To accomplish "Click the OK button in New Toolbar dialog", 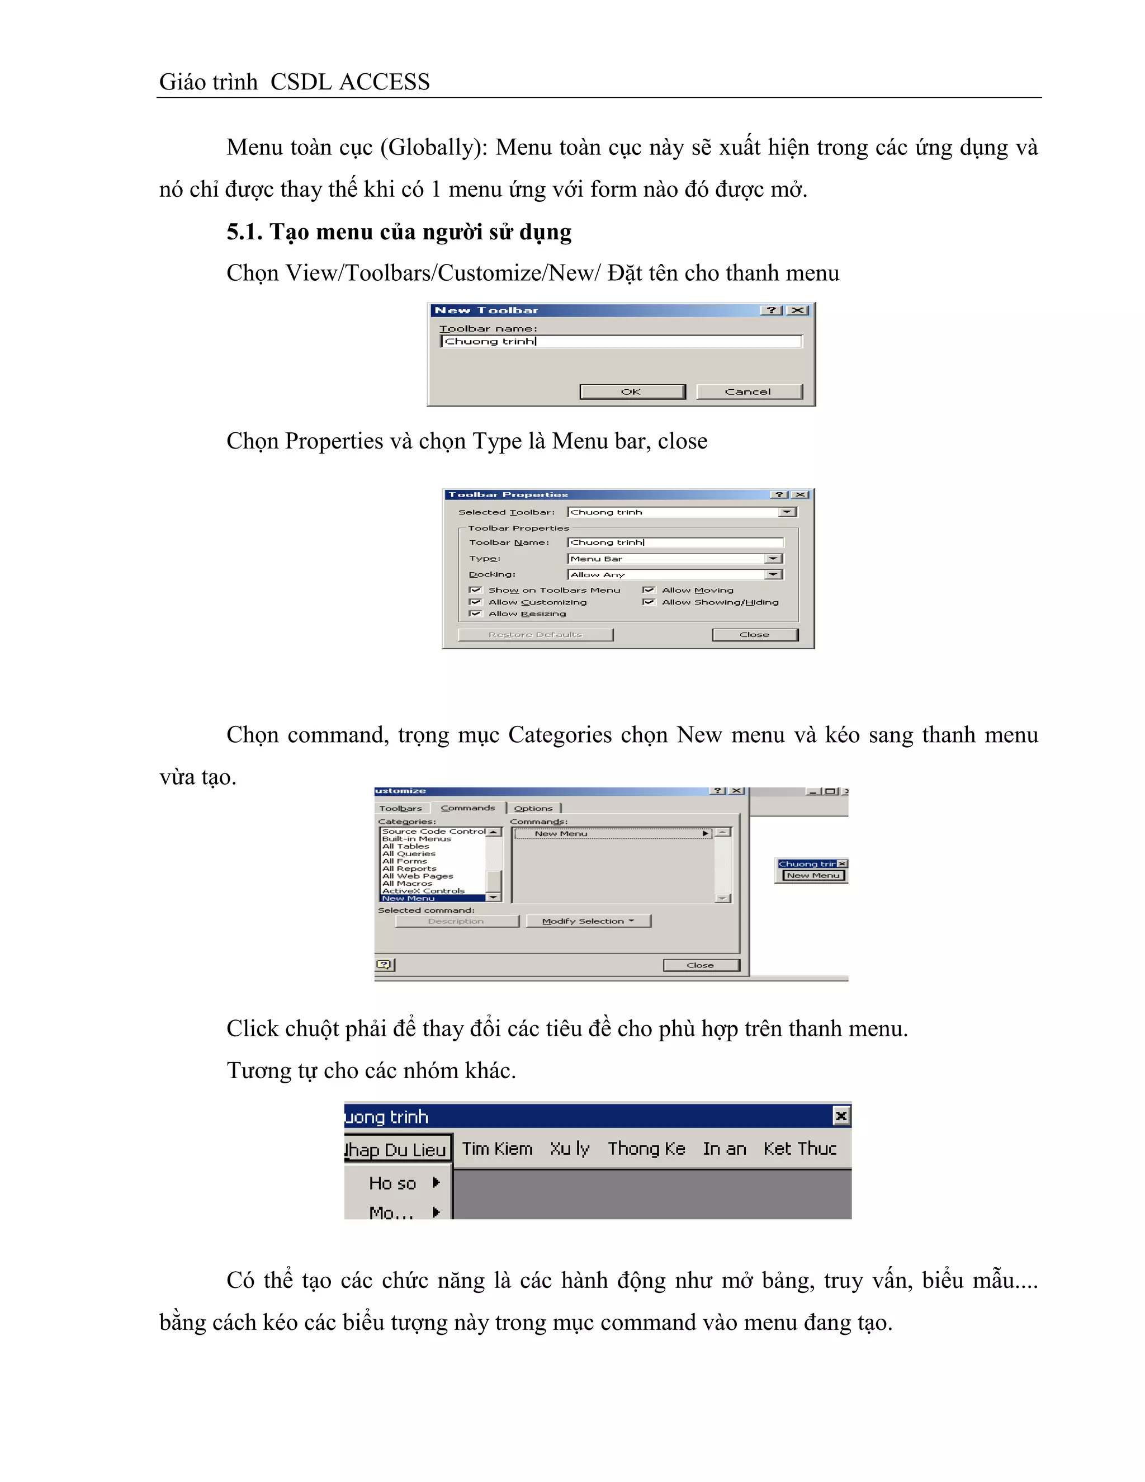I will click(x=632, y=391).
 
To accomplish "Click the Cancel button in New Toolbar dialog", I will click(x=748, y=391).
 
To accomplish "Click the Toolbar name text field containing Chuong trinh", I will click(x=621, y=341).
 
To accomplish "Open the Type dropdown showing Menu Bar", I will click(x=773, y=559).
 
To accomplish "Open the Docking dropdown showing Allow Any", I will click(x=773, y=575).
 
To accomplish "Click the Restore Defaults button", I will click(x=535, y=635).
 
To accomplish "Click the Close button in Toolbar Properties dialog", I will click(x=754, y=635).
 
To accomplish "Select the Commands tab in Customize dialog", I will click(x=467, y=808).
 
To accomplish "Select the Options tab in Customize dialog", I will click(x=533, y=808).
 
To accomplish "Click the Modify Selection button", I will click(x=588, y=921).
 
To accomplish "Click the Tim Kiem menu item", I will click(x=497, y=1149).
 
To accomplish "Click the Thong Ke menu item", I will click(x=646, y=1149).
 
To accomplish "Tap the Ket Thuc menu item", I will click(x=799, y=1149).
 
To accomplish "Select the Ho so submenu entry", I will click(x=392, y=1183).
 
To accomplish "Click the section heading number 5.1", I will click(x=244, y=232).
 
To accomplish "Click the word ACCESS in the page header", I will click(x=384, y=82).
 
